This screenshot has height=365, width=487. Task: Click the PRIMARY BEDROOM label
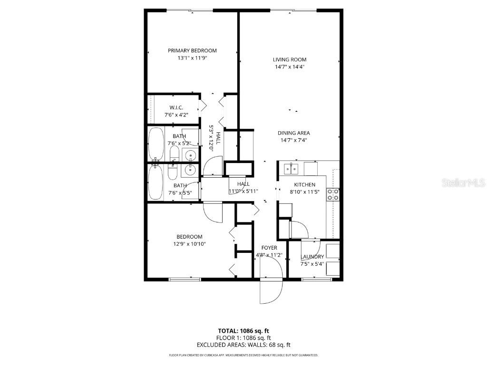tap(192, 50)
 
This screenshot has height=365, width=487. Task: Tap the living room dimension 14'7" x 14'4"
tap(289, 67)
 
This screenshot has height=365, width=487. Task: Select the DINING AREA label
tap(293, 133)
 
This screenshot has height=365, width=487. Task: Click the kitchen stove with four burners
tap(332, 194)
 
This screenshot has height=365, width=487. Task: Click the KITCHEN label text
tap(304, 185)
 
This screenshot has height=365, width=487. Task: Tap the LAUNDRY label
tap(312, 257)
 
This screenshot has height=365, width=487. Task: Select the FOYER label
tap(269, 248)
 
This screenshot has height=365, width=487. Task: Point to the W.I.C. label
tap(176, 107)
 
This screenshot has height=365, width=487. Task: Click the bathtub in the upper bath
tap(156, 144)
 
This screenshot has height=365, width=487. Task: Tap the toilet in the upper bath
tap(174, 153)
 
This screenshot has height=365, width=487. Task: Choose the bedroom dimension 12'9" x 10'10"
tap(189, 244)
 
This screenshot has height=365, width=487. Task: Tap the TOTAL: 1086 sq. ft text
tap(243, 331)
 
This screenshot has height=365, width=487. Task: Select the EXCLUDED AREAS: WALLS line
tap(243, 345)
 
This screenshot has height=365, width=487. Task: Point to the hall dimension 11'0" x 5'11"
tap(243, 191)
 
